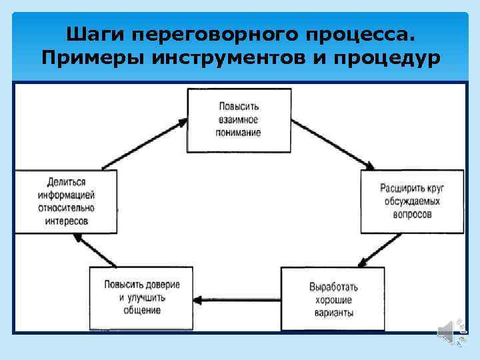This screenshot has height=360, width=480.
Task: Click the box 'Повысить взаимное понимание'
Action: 238,120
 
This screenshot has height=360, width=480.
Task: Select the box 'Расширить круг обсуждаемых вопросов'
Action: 412,201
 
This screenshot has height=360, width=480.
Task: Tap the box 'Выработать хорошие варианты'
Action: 332,299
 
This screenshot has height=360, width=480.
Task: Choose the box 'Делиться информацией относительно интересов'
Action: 65,201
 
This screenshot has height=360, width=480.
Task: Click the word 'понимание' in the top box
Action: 238,133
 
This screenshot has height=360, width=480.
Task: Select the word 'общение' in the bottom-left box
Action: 141,310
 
